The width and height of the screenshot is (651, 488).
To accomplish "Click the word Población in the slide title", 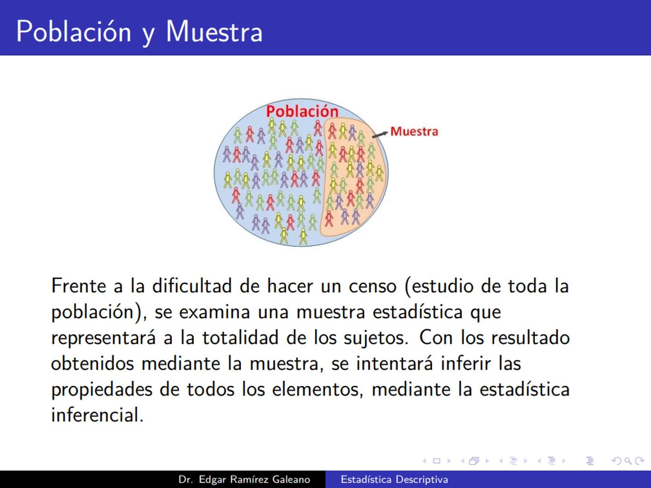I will click(73, 32).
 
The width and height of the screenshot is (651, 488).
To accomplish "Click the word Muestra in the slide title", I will click(214, 32).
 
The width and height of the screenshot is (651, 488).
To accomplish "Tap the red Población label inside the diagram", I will click(302, 111).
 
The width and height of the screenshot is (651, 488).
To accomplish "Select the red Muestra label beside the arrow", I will click(414, 131).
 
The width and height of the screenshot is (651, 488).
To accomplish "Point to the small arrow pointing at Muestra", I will click(380, 134).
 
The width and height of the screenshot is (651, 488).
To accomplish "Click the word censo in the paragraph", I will click(373, 286).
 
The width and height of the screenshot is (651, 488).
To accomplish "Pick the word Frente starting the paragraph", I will click(79, 286).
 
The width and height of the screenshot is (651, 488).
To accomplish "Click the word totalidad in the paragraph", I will click(240, 338).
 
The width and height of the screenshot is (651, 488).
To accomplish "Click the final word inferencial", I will click(97, 415).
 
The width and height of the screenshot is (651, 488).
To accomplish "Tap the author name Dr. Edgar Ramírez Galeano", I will click(244, 479).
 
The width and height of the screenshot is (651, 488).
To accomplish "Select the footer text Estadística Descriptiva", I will click(394, 479).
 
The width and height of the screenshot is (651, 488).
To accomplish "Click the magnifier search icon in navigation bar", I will click(627, 461).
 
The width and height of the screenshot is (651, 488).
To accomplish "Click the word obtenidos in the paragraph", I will click(92, 364).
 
